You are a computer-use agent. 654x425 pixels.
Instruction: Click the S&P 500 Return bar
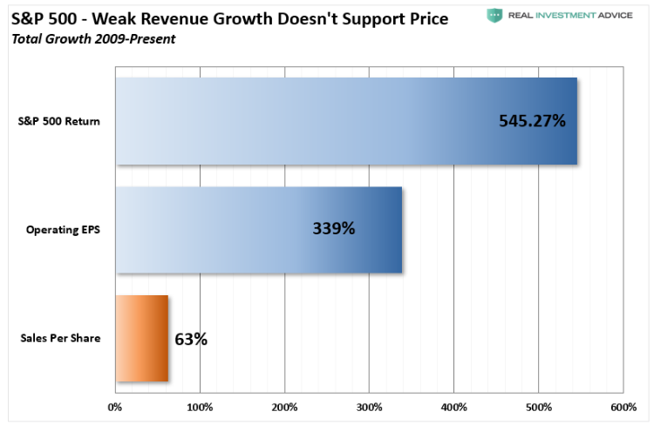[346, 121]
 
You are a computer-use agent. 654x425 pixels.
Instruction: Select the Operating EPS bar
[259, 230]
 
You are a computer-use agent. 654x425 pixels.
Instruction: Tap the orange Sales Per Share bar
[142, 339]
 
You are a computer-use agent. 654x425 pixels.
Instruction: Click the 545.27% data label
[532, 121]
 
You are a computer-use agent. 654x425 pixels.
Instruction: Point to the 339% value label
[334, 230]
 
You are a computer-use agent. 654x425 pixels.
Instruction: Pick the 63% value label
[191, 339]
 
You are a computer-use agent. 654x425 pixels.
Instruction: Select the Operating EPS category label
[63, 230]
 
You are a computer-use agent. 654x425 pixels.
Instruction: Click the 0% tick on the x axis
[115, 407]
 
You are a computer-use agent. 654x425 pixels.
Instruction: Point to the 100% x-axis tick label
[200, 407]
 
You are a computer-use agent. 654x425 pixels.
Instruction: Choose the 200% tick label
[284, 407]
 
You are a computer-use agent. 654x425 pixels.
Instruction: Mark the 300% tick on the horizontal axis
[369, 407]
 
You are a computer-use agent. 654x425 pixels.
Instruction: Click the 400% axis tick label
[453, 407]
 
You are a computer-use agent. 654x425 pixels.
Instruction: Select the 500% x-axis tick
[538, 407]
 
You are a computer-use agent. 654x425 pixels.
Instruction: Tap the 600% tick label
[623, 407]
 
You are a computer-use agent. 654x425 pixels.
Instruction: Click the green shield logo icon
[494, 16]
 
